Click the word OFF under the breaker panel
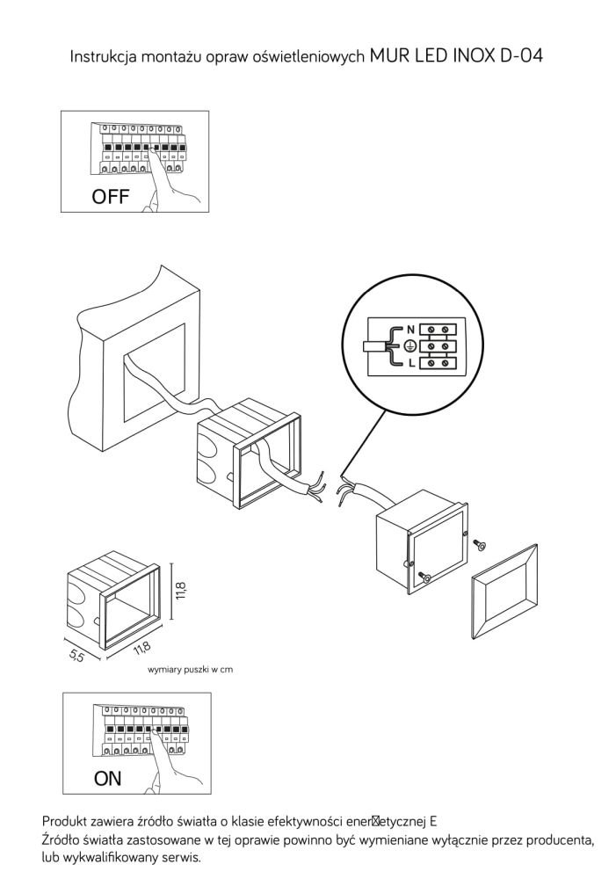tap(111, 196)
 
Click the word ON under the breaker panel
tap(107, 778)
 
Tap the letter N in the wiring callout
tap(411, 329)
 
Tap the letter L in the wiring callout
tap(411, 363)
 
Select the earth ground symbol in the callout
tap(410, 346)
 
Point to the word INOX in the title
tap(471, 55)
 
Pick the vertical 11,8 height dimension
tap(180, 592)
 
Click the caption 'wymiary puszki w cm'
tap(190, 669)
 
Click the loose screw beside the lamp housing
tap(480, 544)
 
